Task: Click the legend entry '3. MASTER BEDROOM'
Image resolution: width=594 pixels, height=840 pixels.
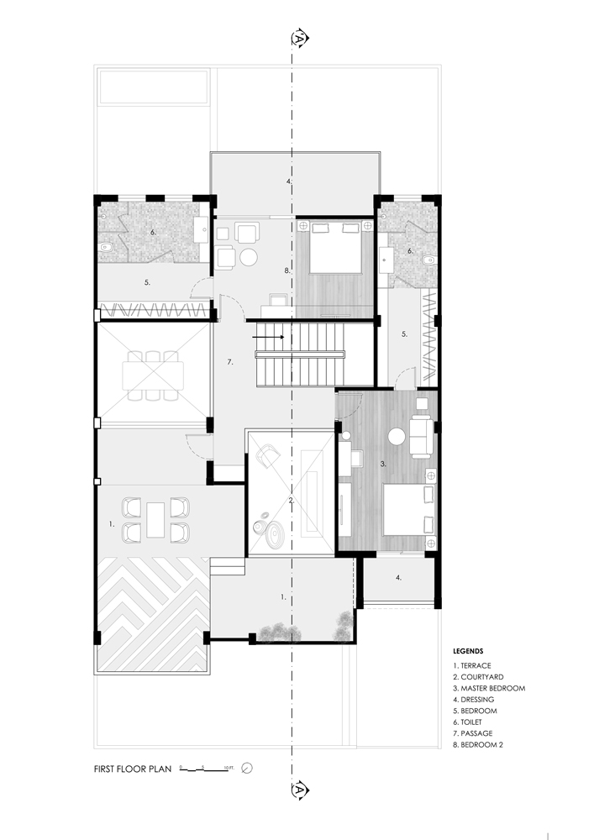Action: click(489, 689)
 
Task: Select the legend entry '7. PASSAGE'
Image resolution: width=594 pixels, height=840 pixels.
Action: click(473, 733)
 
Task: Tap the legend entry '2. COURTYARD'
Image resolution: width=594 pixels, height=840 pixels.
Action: click(478, 677)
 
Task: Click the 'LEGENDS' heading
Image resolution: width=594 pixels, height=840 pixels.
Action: click(468, 652)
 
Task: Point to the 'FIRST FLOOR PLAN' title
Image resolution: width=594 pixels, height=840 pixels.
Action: click(133, 769)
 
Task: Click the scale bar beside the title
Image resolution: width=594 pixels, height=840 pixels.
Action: click(204, 769)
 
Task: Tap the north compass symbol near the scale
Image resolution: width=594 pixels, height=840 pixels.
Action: click(247, 769)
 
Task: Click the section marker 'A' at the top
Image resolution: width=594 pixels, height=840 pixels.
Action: click(300, 38)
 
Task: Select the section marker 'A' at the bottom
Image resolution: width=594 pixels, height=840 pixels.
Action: click(300, 789)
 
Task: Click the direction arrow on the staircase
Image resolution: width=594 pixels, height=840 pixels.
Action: click(268, 337)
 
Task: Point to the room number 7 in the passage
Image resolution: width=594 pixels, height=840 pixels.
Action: click(230, 362)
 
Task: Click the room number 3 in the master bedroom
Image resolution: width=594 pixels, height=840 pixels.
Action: click(383, 464)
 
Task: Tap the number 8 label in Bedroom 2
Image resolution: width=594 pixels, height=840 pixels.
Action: click(287, 270)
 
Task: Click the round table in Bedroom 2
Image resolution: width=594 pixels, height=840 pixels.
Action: click(249, 257)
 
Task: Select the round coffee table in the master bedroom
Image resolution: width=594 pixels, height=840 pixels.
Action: click(397, 437)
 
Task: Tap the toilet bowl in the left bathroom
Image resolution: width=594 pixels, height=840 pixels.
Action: click(106, 248)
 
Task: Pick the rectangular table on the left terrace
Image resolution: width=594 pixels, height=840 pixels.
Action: click(156, 520)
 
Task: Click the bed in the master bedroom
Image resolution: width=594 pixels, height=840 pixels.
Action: click(408, 510)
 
